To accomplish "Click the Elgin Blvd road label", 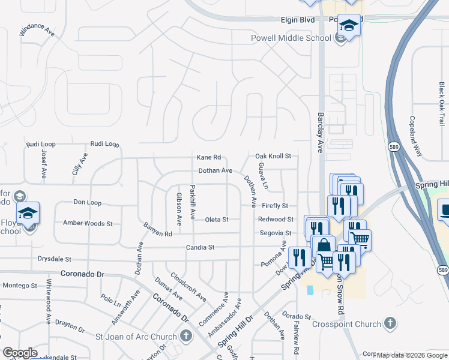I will tap(298, 20).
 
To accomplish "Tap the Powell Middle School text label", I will tap(291, 38).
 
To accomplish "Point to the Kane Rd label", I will tap(209, 157).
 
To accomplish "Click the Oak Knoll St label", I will tap(273, 156).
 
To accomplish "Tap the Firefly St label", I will tap(275, 206).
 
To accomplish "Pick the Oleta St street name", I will tap(217, 220).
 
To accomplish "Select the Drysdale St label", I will tap(55, 259).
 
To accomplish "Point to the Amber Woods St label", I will tap(88, 223).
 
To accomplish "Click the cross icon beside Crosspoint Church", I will tap(390, 324).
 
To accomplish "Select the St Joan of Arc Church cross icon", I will tap(187, 336).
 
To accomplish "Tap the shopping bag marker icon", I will tap(324, 246).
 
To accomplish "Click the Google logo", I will tap(20, 353).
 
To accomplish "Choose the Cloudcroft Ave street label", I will tap(188, 287).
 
